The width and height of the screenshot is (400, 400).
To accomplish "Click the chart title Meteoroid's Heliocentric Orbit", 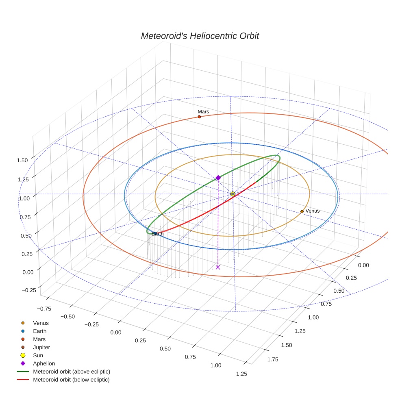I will pyautogui.click(x=200, y=36).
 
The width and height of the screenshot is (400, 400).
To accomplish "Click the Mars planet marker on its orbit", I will pyautogui.click(x=199, y=117).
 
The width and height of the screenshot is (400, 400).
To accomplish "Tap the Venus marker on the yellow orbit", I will pyautogui.click(x=302, y=211).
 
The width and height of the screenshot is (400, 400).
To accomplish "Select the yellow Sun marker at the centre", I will pyautogui.click(x=233, y=194).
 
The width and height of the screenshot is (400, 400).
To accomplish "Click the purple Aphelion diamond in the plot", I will pyautogui.click(x=218, y=178).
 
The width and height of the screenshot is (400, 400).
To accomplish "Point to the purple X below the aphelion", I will pyautogui.click(x=218, y=267).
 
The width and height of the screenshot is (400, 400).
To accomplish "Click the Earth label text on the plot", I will pyautogui.click(x=158, y=234).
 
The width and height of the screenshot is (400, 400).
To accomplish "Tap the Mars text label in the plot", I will pyautogui.click(x=203, y=111).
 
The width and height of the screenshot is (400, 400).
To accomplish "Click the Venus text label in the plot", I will pyautogui.click(x=312, y=211).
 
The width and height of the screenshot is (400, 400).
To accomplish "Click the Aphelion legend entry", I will pyautogui.click(x=43, y=363).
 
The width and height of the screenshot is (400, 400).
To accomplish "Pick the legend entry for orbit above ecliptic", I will pyautogui.click(x=72, y=372).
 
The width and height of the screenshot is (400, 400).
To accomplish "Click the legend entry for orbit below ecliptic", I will pyautogui.click(x=71, y=380).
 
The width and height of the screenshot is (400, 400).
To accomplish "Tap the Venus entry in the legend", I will pyautogui.click(x=41, y=323).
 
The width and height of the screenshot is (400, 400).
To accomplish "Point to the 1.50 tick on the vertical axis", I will pyautogui.click(x=22, y=160).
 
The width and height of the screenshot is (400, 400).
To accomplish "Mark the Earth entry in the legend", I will pyautogui.click(x=39, y=331).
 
